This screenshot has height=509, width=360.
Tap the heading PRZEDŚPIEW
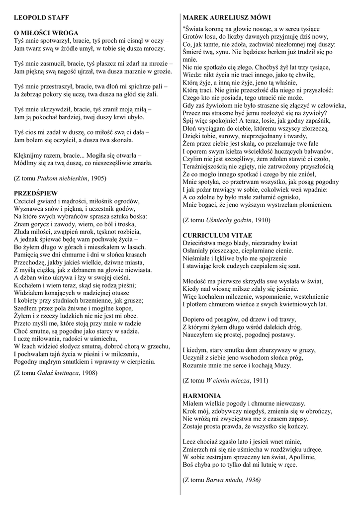coord(36,192)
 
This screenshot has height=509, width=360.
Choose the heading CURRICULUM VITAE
coord(218,235)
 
